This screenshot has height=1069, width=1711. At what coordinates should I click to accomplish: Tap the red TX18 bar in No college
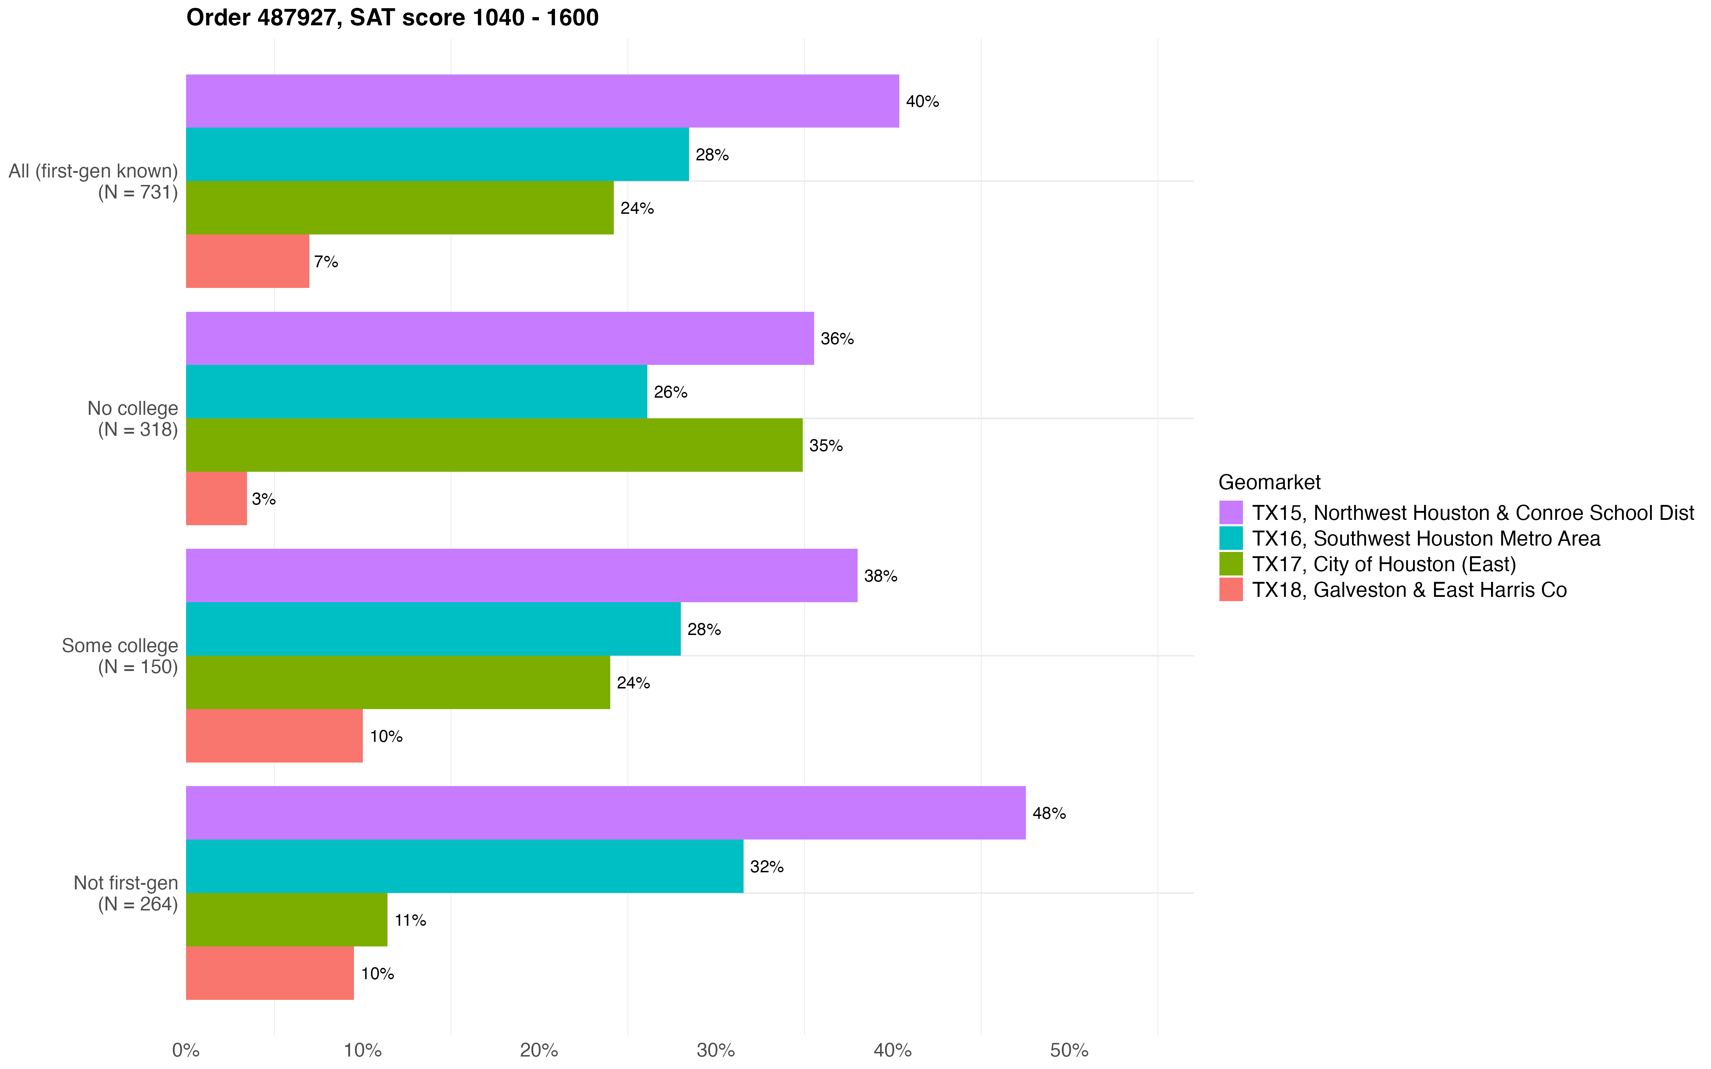pyautogui.click(x=216, y=499)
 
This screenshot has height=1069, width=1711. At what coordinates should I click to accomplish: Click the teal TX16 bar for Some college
pyautogui.click(x=433, y=629)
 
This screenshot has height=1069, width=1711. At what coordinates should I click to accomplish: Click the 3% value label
pyautogui.click(x=264, y=499)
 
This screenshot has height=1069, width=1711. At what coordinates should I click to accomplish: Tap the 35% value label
pyautogui.click(x=826, y=445)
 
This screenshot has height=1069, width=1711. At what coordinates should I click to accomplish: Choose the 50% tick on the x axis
pyautogui.click(x=1069, y=1050)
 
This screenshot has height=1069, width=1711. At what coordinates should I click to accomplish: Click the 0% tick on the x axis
pyautogui.click(x=186, y=1050)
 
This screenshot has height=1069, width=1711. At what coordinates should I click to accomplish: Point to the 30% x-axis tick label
pyautogui.click(x=715, y=1050)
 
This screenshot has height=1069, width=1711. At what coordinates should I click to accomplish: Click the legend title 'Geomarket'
pyautogui.click(x=1269, y=482)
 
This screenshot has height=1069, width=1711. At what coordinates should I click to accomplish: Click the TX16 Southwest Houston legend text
pyautogui.click(x=1425, y=539)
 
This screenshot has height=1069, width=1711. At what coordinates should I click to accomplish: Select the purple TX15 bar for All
pyautogui.click(x=542, y=101)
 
